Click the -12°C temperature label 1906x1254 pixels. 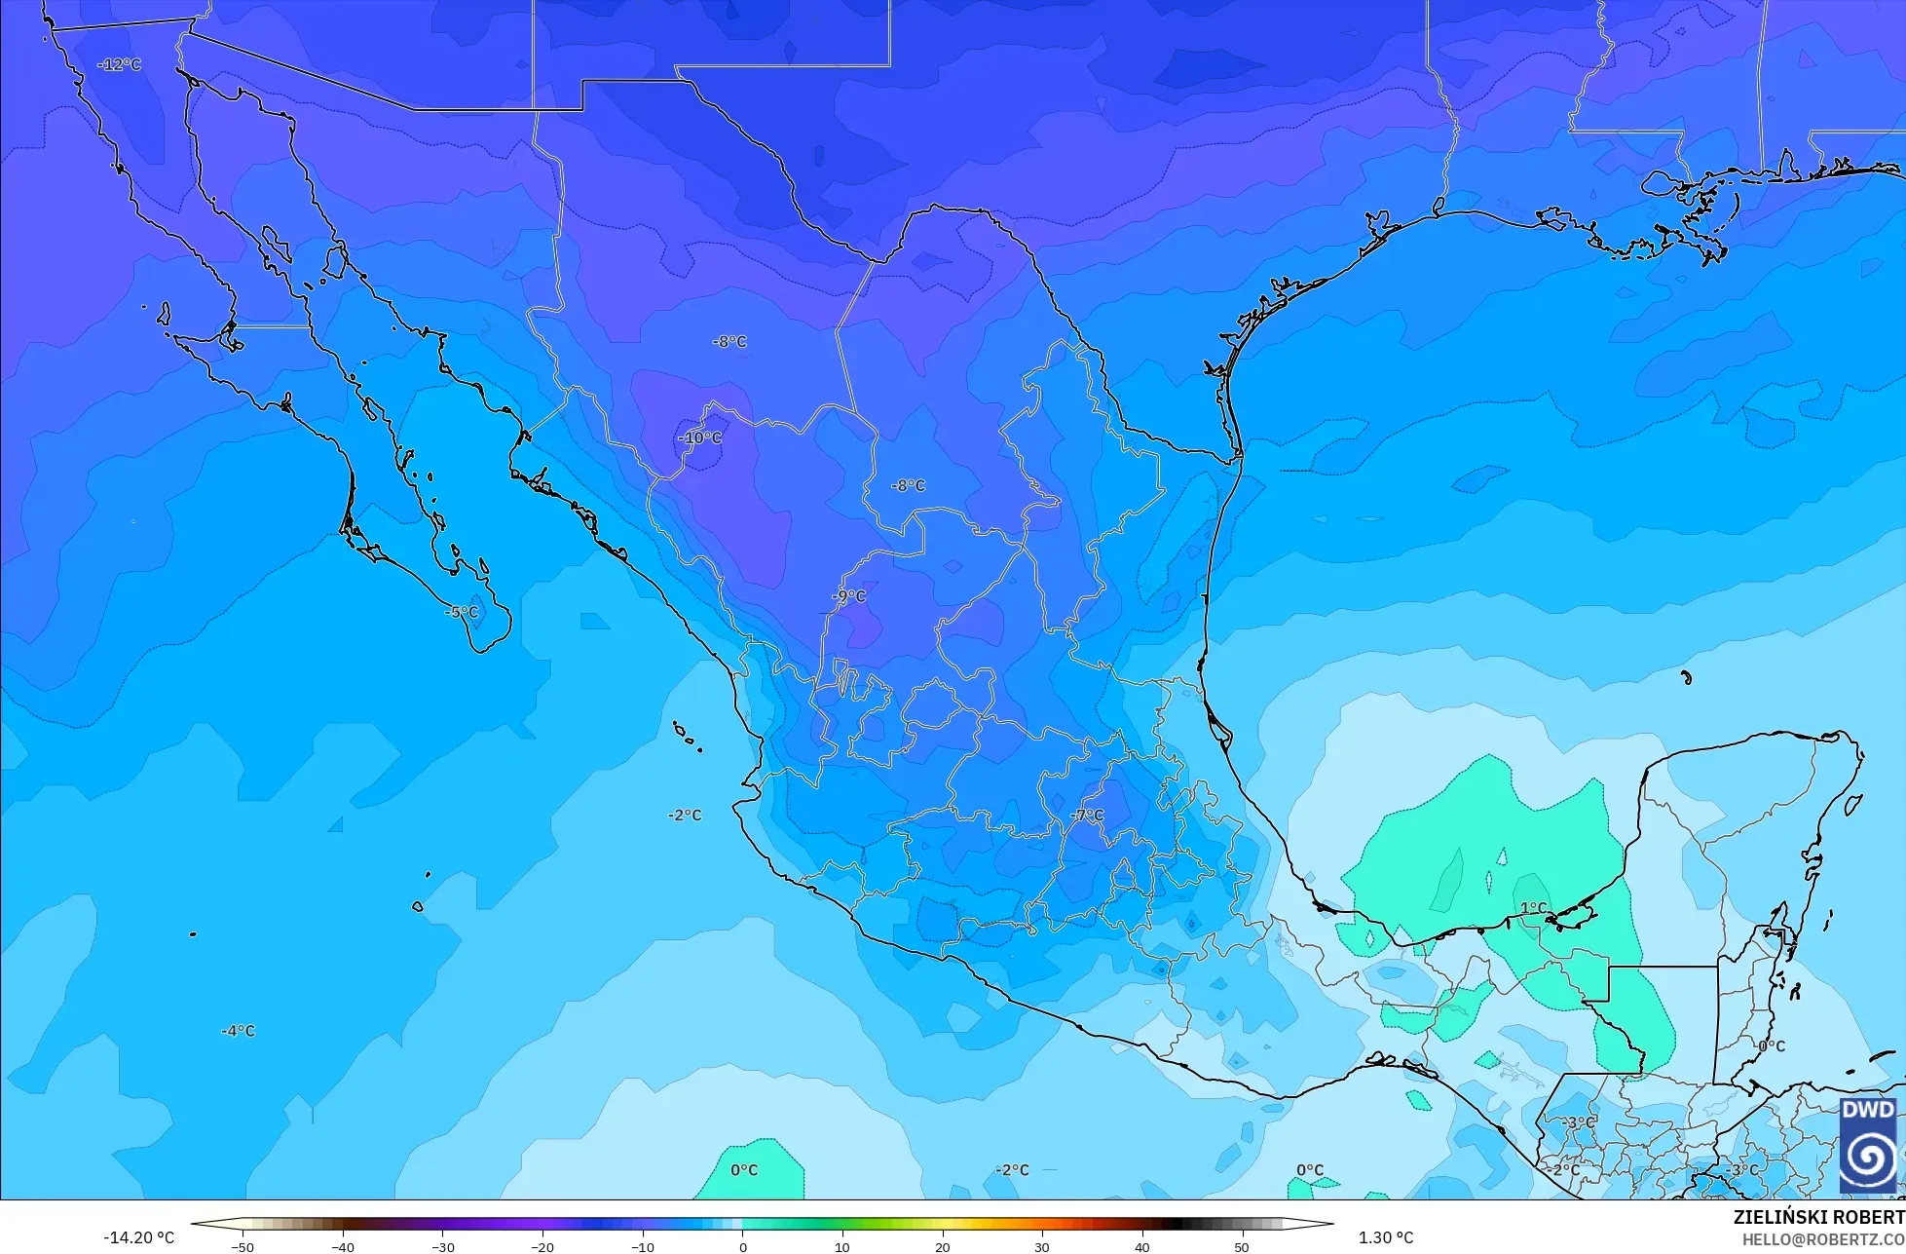[x=120, y=64]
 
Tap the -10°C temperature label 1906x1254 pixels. [x=700, y=438]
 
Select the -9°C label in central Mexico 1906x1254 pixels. [x=848, y=596]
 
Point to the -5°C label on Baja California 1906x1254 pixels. [x=462, y=612]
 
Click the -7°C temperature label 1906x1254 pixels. [x=1087, y=815]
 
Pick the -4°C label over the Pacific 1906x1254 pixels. [x=238, y=1031]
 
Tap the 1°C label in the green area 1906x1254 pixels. [x=1533, y=908]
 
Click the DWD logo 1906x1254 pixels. [x=1868, y=1144]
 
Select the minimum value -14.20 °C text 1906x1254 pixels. [x=138, y=1238]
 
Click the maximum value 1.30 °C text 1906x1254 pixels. [x=1386, y=1238]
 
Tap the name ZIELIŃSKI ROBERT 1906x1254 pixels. [x=1818, y=1218]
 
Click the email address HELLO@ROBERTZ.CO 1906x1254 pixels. [x=1823, y=1239]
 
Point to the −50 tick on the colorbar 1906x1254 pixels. [x=242, y=1247]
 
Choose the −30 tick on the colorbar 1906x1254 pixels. [x=442, y=1247]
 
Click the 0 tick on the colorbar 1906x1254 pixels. [x=743, y=1247]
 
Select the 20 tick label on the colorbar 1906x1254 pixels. [x=942, y=1247]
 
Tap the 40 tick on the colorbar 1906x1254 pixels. [x=1141, y=1247]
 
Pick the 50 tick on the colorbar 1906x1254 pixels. [x=1242, y=1247]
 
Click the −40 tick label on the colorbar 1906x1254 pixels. [x=342, y=1247]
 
